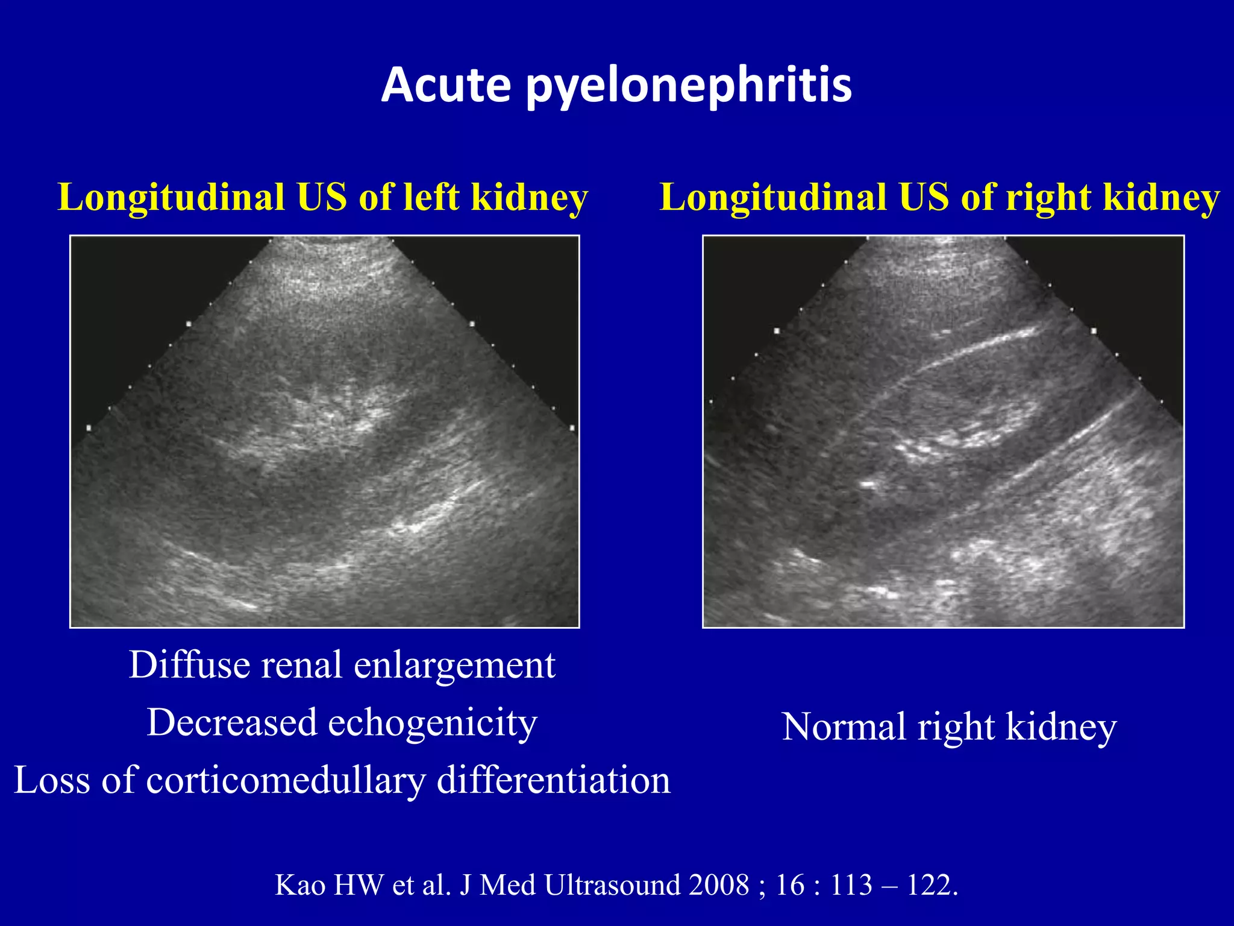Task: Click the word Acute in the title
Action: (446, 84)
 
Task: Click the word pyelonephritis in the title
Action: (689, 86)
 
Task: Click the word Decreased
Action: (232, 722)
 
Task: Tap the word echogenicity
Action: (432, 722)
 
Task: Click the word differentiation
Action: (553, 780)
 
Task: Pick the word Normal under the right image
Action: (844, 726)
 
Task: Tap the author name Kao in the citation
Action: (300, 885)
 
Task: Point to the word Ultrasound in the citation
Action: (612, 885)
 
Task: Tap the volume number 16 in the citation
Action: (789, 885)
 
